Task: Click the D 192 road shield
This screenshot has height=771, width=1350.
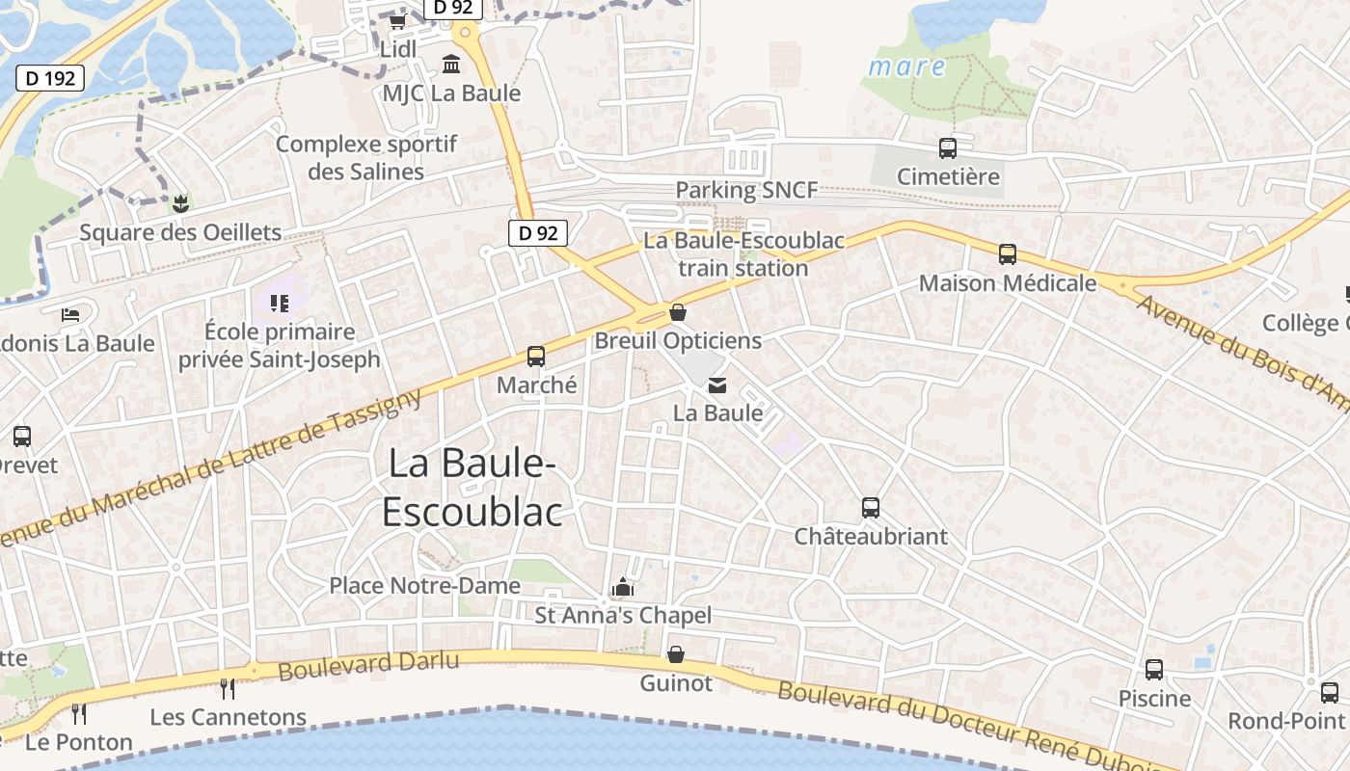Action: coord(50,78)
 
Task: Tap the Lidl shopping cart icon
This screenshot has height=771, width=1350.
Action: coord(397,21)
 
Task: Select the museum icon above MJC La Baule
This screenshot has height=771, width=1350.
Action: coord(450,65)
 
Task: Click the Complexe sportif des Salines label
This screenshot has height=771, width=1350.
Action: coord(366,158)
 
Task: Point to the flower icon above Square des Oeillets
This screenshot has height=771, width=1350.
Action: coord(179,203)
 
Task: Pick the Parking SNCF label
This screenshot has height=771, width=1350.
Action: coord(746,190)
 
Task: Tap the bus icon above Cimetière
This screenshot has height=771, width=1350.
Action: coord(948,148)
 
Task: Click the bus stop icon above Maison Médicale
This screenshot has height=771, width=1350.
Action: coord(1008,254)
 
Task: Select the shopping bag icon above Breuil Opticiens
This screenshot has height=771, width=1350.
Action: coord(678,312)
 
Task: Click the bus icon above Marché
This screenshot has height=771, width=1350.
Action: coord(536,357)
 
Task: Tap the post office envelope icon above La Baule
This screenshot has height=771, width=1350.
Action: coord(717,385)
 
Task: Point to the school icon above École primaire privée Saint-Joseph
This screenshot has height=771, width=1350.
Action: coord(280,305)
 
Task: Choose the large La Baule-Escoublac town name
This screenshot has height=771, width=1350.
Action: coord(472,488)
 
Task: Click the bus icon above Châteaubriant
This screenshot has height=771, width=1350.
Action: coord(871,507)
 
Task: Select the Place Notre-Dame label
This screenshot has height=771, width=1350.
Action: coord(424,585)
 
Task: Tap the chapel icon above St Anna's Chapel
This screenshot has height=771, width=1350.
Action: coord(623,587)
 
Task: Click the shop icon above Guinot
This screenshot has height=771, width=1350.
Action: coord(676,654)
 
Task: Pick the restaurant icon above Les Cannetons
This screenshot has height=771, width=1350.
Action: coord(228,688)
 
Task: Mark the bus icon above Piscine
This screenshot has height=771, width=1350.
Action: coord(1154,669)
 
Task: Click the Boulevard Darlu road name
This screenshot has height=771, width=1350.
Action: coord(368,664)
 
